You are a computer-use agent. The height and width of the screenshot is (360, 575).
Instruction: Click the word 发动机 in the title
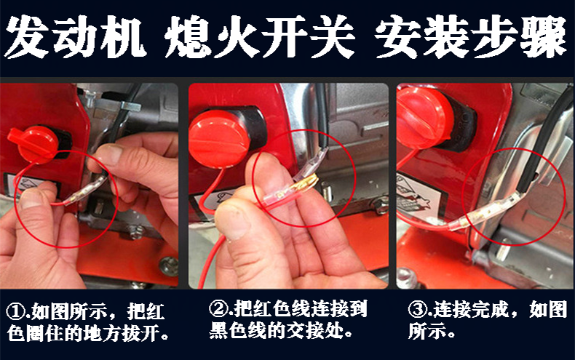click(x=74, y=37)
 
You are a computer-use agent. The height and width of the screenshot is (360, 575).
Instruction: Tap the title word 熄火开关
click(x=260, y=37)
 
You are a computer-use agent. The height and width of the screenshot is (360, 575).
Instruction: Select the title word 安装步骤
click(x=470, y=37)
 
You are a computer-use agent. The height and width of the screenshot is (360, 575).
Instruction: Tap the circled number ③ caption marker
click(x=417, y=310)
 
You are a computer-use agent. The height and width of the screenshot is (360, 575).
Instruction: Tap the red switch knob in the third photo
click(x=424, y=117)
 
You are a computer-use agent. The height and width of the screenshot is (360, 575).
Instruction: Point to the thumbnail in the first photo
click(x=32, y=199)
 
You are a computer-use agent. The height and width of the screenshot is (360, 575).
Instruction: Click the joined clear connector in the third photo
click(x=484, y=212)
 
